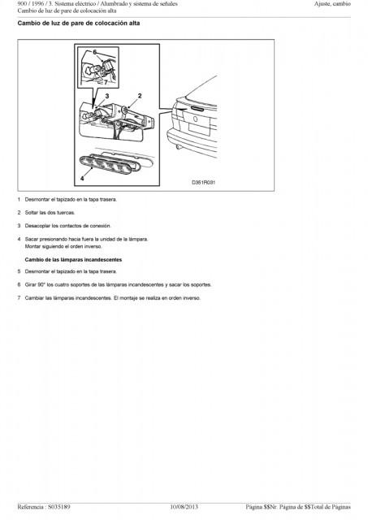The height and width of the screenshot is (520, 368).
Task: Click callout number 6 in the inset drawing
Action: click(95, 52)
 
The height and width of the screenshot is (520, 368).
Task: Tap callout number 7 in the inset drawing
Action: click(106, 83)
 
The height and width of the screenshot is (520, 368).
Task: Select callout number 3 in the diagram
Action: click(106, 96)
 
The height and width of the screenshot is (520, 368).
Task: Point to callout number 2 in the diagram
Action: click(140, 96)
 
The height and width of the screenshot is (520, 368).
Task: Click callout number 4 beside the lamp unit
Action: click(82, 179)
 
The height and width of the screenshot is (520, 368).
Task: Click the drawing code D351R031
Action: click(204, 182)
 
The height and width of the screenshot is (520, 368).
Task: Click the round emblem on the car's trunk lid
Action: click(195, 119)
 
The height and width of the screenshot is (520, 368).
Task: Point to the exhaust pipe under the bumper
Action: click(178, 146)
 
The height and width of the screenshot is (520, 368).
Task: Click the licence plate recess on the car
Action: click(199, 128)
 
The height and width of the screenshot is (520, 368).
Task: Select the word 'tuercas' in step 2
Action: click(66, 213)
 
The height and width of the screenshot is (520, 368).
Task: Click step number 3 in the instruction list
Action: click(19, 226)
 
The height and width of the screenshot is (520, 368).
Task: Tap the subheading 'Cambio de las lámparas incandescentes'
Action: click(73, 260)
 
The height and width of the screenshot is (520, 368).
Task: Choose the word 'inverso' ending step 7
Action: click(192, 298)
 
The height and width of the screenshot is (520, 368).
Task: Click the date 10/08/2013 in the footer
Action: click(184, 507)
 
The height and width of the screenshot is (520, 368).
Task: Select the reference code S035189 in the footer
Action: click(59, 507)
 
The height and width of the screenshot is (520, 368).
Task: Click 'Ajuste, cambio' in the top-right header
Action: click(332, 4)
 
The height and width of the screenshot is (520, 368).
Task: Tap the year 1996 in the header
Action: click(38, 4)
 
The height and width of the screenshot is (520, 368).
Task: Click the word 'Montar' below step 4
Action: click(32, 246)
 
